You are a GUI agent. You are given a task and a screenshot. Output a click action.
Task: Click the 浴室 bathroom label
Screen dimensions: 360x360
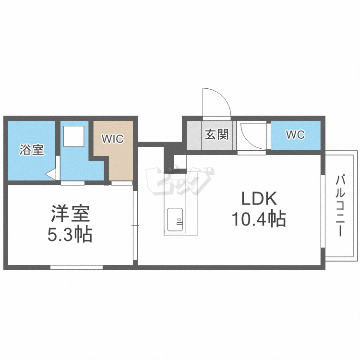[x=32, y=150]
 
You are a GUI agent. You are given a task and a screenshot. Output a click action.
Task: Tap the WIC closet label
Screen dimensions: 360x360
[x=112, y=139]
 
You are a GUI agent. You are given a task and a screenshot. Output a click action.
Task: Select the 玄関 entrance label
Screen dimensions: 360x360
[x=217, y=134]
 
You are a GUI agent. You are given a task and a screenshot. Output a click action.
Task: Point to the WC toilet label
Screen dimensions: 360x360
[x=295, y=134]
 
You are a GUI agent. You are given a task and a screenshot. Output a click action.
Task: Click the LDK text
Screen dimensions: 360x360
[x=259, y=199]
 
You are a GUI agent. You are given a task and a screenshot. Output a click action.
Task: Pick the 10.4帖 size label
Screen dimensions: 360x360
[x=259, y=219]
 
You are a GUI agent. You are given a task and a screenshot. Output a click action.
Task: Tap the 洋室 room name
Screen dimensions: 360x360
[x=70, y=213]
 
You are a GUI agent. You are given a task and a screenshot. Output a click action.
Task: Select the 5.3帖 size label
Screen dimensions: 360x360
[x=70, y=234]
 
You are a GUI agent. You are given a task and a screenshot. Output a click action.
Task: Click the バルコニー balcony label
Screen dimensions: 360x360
[x=340, y=205]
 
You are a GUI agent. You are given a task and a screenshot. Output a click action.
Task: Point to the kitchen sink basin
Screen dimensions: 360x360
[x=175, y=219]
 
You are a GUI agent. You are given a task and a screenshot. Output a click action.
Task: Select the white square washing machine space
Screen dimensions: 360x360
[x=74, y=136]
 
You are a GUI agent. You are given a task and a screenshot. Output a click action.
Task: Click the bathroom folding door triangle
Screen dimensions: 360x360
[x=51, y=175]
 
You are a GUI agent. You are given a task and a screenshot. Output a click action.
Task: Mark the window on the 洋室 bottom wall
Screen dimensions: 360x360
[x=76, y=267]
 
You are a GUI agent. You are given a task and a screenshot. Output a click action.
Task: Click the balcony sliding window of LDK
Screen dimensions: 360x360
[x=323, y=211]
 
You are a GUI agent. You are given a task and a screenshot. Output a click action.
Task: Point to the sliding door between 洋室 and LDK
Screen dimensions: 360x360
[x=135, y=225]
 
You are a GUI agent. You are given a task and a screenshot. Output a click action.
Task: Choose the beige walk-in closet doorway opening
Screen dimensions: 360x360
[x=122, y=183]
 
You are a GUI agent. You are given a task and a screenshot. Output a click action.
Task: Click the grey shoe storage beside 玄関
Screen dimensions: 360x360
[x=194, y=135]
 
